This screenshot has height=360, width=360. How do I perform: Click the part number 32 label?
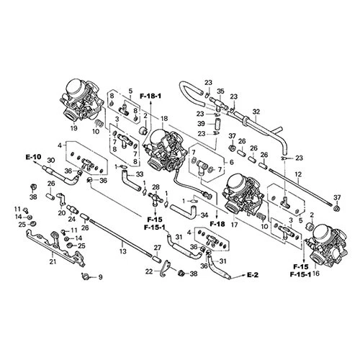click(256, 111)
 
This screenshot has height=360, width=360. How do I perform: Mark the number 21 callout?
click(52, 261)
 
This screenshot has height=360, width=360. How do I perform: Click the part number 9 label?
click(101, 277)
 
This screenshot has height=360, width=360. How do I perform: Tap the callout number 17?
click(234, 225)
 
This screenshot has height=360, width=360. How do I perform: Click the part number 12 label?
click(297, 174)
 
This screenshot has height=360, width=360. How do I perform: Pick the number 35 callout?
click(221, 91)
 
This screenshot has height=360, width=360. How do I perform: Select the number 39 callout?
click(202, 123)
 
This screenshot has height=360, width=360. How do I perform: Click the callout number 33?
click(140, 174)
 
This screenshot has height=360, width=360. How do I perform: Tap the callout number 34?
click(205, 215)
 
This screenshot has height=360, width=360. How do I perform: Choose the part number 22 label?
click(149, 271)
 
